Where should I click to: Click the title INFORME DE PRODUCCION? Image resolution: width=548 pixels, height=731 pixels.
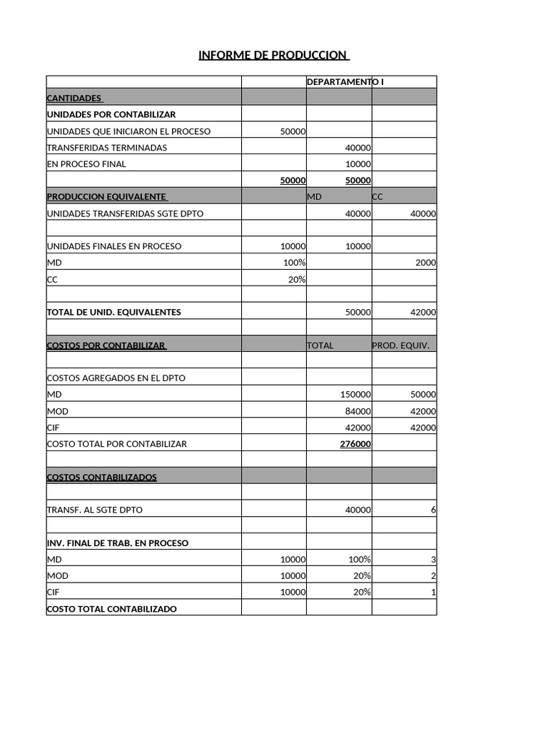[x=274, y=56]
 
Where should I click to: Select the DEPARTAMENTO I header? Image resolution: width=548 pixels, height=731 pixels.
[x=345, y=82]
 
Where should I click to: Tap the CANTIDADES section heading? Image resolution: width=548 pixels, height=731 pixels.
[x=75, y=98]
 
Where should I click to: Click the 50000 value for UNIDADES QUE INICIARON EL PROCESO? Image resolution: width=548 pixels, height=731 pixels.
[x=293, y=131]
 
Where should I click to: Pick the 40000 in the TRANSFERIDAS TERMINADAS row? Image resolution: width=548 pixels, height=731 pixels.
[x=357, y=148]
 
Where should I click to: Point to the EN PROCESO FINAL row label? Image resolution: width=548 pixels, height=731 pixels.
[x=86, y=164]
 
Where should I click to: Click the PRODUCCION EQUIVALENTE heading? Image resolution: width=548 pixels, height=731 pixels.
[x=107, y=196]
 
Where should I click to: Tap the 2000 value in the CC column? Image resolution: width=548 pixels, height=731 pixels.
[x=425, y=263]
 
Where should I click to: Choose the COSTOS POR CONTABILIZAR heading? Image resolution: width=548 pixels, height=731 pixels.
[x=107, y=346]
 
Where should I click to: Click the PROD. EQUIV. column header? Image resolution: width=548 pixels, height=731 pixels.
[x=400, y=346]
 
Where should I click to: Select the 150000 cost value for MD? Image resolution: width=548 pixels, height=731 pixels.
[x=355, y=395]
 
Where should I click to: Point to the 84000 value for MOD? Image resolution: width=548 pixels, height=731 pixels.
[x=357, y=411]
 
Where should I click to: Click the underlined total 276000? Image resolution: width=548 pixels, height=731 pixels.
[x=355, y=444]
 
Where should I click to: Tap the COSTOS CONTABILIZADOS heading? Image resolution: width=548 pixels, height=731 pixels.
[x=102, y=477]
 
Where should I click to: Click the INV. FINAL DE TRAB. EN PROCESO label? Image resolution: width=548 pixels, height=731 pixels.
[x=118, y=543]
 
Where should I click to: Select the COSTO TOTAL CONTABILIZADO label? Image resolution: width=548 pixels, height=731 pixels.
[x=112, y=609]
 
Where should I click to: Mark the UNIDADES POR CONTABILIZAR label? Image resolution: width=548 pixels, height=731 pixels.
[x=111, y=114]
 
